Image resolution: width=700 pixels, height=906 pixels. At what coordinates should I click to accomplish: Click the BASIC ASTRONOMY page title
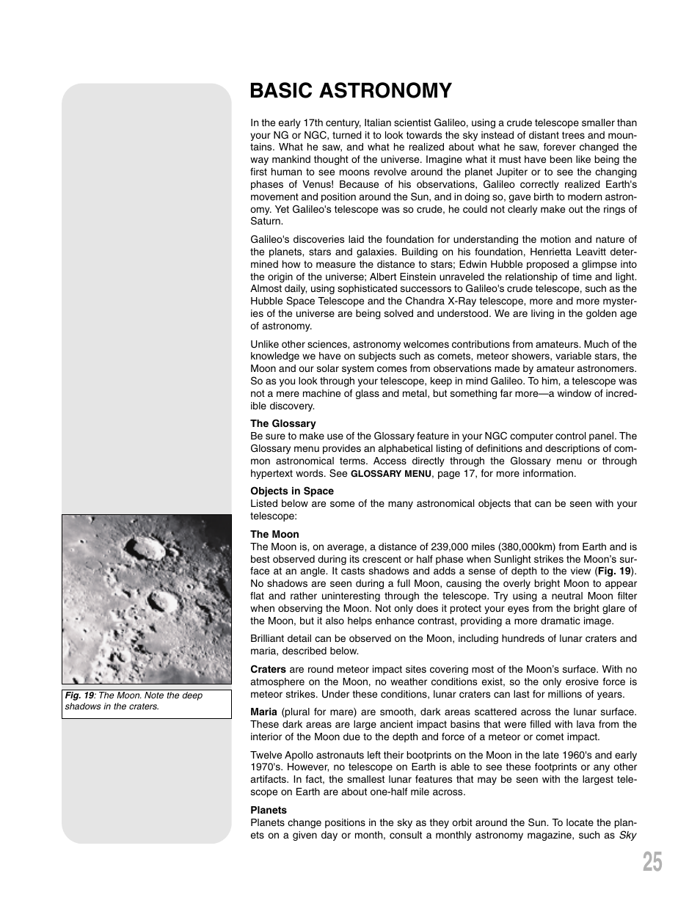point(350,91)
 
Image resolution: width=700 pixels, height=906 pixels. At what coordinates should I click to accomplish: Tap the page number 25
point(652,862)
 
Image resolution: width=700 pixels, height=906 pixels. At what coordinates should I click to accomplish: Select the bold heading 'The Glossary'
point(282,424)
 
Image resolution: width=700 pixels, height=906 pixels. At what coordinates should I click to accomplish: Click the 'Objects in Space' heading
point(291,492)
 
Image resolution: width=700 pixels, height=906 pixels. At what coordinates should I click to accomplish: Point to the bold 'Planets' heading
point(268,811)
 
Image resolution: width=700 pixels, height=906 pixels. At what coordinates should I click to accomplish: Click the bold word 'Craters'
point(268,670)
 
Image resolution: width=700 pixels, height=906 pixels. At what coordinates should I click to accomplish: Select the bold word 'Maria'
point(263,712)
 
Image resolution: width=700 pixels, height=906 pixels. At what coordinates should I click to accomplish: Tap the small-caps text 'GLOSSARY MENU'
point(390,474)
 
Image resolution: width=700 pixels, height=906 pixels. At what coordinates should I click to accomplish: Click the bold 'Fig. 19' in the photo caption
point(79,695)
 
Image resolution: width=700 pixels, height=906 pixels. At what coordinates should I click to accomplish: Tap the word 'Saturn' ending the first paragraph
point(266,222)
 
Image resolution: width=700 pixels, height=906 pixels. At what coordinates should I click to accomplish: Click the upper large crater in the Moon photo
point(145,548)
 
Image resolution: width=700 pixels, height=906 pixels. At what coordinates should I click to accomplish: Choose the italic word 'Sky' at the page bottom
point(627,836)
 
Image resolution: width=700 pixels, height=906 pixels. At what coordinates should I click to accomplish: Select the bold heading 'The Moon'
point(274,535)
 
